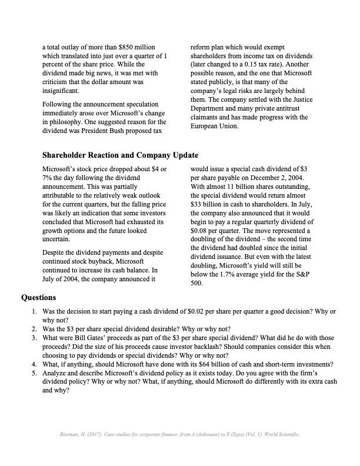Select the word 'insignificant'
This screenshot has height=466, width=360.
pos(61,91)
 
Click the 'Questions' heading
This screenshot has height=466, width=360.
pos(39,298)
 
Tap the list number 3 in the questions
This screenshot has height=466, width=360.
pos(34,338)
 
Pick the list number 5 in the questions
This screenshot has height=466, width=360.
pos(34,373)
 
